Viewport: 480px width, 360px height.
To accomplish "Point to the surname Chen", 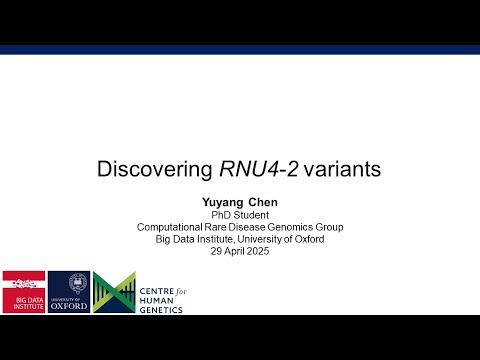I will click(x=265, y=201).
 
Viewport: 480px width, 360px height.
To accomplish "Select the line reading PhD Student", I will click(x=240, y=214).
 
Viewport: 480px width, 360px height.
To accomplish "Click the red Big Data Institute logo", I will click(x=22, y=291).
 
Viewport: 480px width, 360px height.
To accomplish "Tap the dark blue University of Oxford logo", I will click(x=69, y=291).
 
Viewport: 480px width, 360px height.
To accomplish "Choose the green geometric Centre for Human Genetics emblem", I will click(x=114, y=291).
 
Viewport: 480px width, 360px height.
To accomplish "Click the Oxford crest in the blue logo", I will click(x=69, y=283).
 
